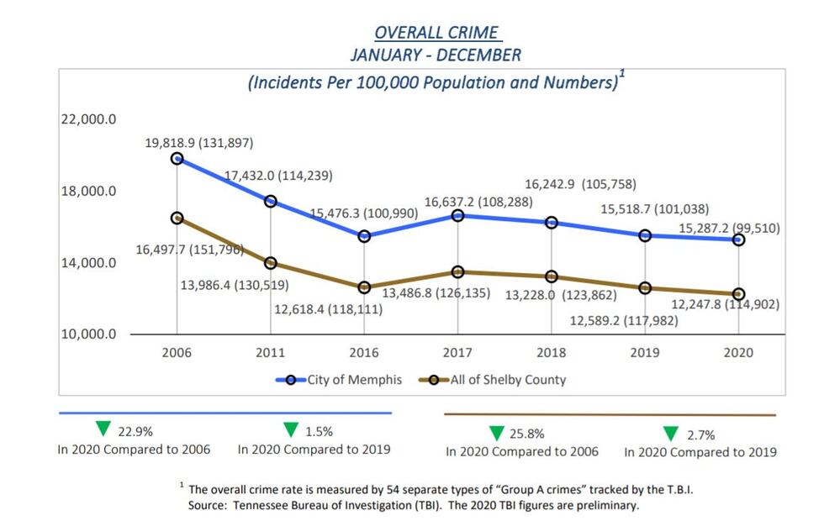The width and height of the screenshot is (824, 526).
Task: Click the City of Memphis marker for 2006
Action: click(177, 158)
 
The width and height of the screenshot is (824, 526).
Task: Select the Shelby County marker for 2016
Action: click(364, 287)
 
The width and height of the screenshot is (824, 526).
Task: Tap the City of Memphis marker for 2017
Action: click(458, 215)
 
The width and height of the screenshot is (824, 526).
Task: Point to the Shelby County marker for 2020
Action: click(738, 294)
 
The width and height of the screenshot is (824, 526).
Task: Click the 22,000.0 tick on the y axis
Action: click(88, 119)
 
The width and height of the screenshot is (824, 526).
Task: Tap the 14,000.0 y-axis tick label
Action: click(88, 263)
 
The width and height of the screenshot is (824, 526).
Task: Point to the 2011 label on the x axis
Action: click(270, 353)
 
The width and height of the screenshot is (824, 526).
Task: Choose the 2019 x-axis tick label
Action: click(645, 353)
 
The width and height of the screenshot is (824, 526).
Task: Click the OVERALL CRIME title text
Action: click(436, 34)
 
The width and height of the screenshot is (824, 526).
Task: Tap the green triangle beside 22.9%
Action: click(103, 429)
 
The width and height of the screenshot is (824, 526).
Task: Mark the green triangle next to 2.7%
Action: click(671, 434)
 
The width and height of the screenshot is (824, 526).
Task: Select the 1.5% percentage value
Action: click(319, 431)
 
